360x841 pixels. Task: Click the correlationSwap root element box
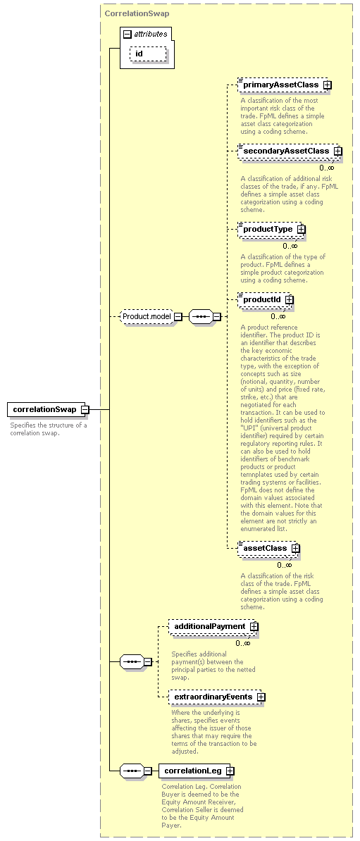49,410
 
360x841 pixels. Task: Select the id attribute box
148,54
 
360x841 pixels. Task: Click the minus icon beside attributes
127,35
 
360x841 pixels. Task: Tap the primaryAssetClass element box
285,85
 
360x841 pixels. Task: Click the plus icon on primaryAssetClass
327,85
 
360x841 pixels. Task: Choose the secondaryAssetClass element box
290,151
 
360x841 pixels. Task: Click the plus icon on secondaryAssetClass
337,151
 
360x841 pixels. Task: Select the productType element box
272,229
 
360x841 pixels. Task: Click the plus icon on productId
289,300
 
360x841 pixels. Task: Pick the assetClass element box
269,548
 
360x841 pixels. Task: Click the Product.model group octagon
147,316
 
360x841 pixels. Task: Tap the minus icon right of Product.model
178,316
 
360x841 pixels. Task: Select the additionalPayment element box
214,626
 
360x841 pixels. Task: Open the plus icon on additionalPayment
254,626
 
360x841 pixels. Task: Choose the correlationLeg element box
197,771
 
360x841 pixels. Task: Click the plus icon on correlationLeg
230,771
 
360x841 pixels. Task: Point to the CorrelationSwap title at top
137,13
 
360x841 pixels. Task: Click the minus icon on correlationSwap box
85,410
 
